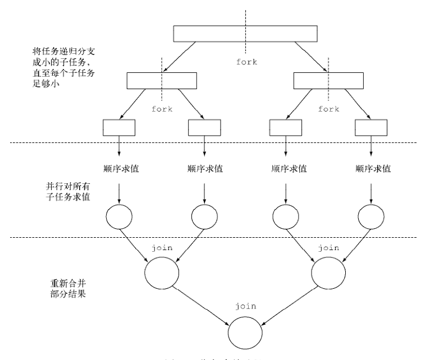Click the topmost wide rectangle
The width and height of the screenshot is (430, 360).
pos(244,34)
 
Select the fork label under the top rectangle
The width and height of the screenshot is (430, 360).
pos(246,62)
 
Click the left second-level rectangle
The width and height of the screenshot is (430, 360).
pos(161,81)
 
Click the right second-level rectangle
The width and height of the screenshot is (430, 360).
pos(328,81)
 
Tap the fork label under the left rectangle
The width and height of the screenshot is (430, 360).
pos(162,109)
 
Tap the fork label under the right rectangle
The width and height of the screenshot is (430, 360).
pos(328,109)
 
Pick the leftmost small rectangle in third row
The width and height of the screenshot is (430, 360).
pos(119,127)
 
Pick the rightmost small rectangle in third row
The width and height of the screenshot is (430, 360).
pos(371,127)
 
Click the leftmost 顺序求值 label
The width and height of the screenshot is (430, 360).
pos(119,168)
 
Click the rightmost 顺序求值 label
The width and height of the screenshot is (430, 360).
pos(372,168)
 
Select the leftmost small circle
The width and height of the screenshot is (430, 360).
pos(119,216)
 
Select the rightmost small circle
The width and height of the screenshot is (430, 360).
pos(372,216)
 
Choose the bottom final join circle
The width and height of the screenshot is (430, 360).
pos(245,331)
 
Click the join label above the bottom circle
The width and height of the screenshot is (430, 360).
pos(246,306)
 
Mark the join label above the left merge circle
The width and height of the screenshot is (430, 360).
pos(162,247)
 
